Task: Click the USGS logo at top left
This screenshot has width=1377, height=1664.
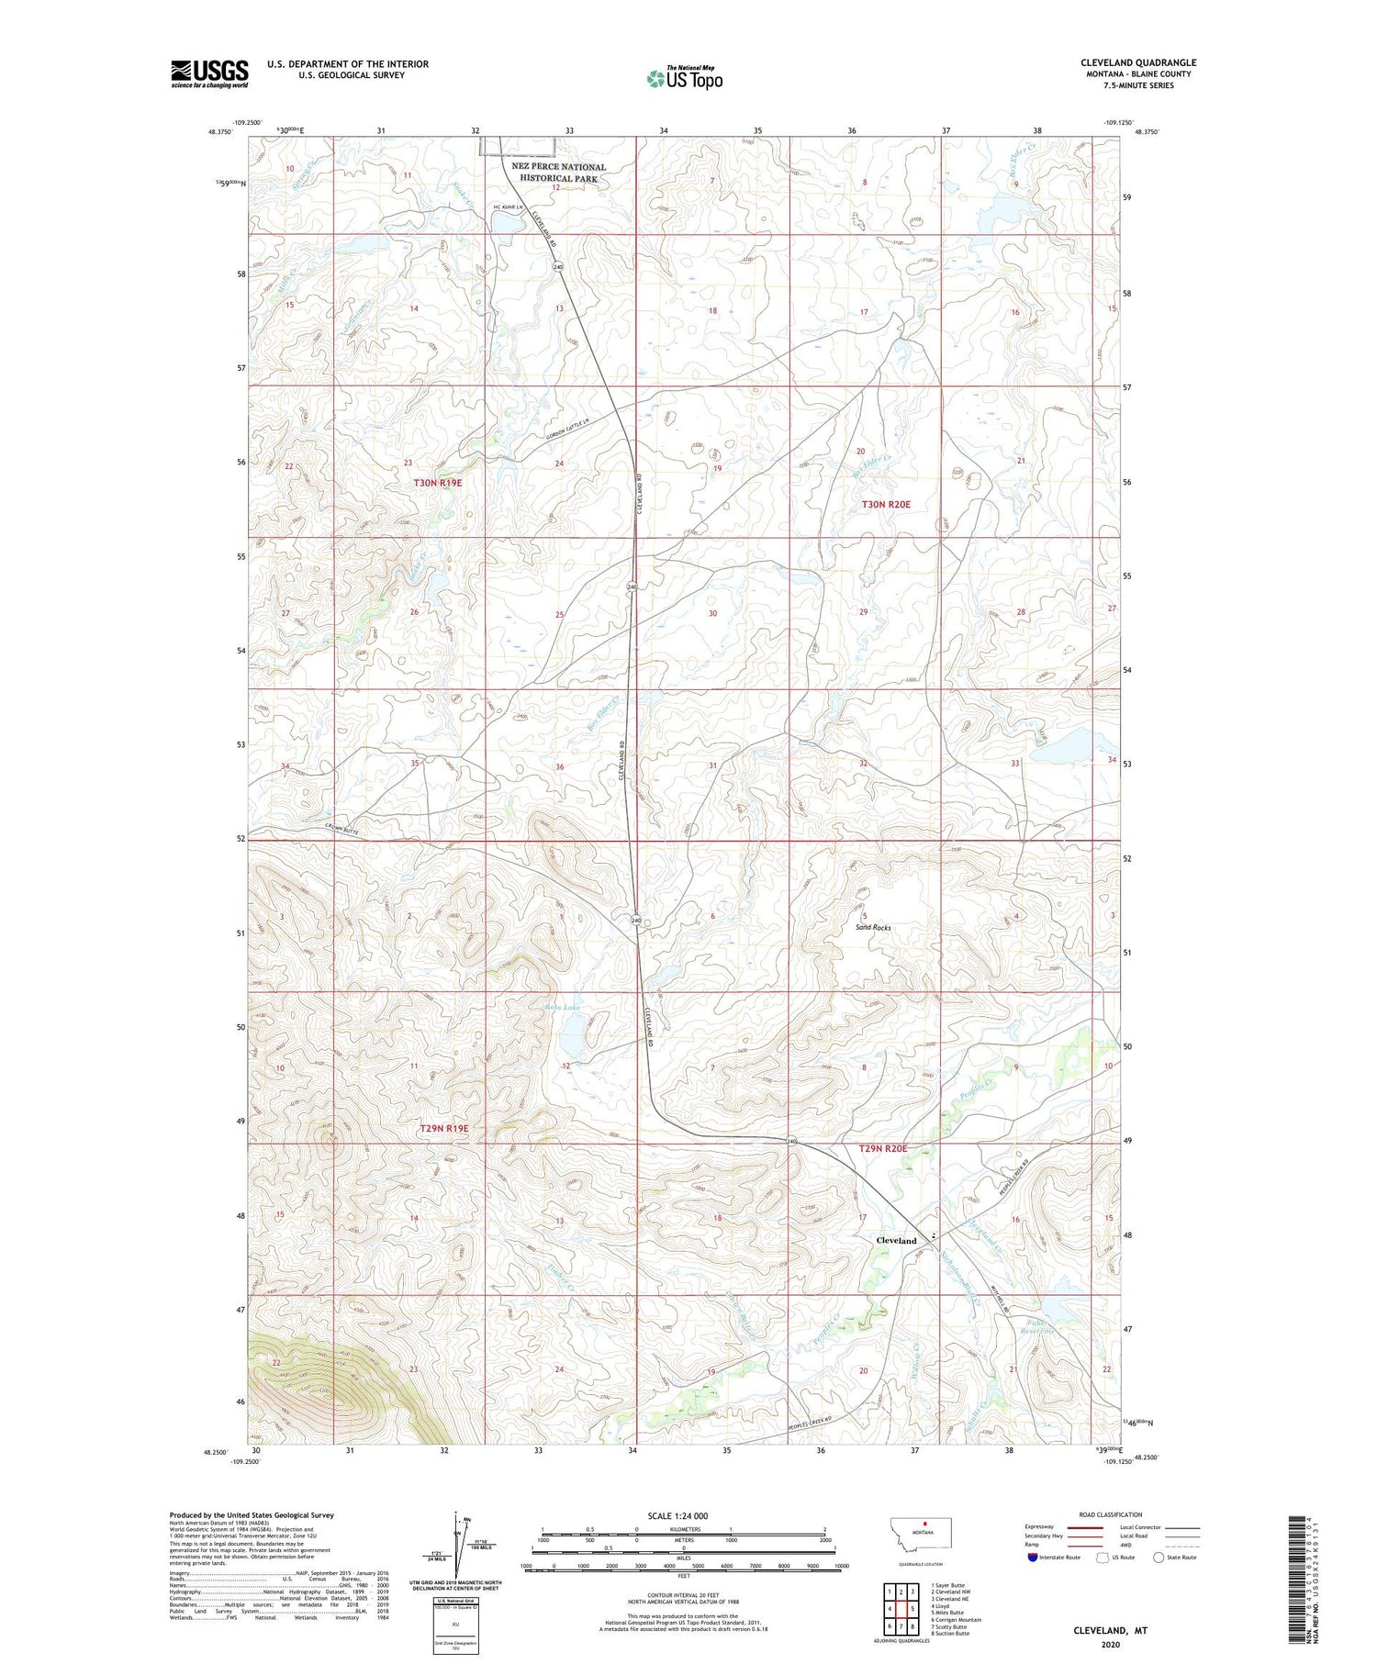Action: pos(209,73)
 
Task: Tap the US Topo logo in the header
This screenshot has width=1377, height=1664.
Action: pos(684,79)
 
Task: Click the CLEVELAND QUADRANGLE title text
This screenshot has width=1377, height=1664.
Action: pos(1137,63)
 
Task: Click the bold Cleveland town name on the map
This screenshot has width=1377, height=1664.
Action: pos(896,1241)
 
